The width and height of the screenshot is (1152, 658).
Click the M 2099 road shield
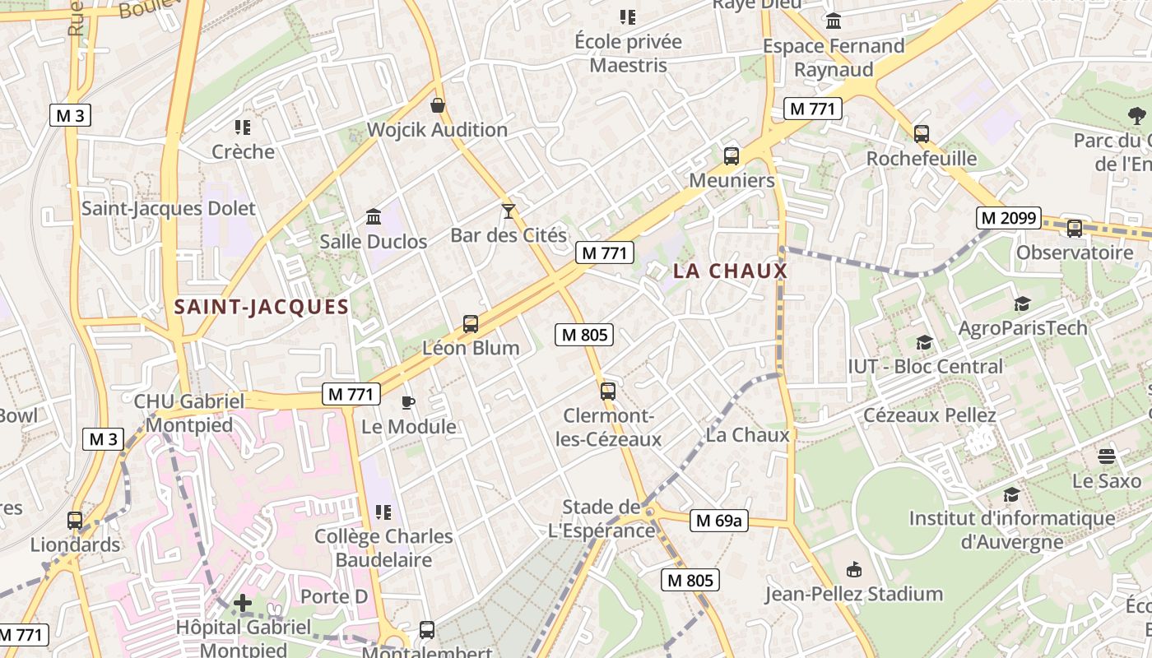point(1009,218)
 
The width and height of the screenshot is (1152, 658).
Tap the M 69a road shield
point(718,520)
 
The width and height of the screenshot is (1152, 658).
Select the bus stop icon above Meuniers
point(731,156)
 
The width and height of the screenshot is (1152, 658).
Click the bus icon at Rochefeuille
point(922,133)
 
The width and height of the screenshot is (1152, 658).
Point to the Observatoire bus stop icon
point(1074,229)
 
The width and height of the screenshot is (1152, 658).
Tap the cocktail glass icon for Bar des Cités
point(509,211)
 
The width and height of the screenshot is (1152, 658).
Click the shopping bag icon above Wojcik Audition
point(438,105)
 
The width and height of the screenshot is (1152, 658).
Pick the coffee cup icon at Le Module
point(407,402)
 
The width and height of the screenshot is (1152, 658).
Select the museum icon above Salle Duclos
point(374,216)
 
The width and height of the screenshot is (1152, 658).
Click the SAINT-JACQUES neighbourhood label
point(262,308)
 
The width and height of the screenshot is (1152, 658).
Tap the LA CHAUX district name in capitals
point(730,271)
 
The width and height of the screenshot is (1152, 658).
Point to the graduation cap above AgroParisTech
point(1022,304)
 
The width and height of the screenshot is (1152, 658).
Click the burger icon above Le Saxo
point(1107,456)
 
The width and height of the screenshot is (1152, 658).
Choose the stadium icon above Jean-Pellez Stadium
point(854,569)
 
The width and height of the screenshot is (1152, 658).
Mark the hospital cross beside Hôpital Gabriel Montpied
point(243,604)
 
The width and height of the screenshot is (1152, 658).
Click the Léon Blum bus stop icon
point(471,324)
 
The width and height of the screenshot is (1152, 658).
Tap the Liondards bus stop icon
point(75,521)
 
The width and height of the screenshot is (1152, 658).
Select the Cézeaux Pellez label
point(929,415)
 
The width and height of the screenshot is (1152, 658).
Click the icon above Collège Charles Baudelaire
point(383,512)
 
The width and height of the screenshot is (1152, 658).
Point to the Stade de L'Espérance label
point(601,518)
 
